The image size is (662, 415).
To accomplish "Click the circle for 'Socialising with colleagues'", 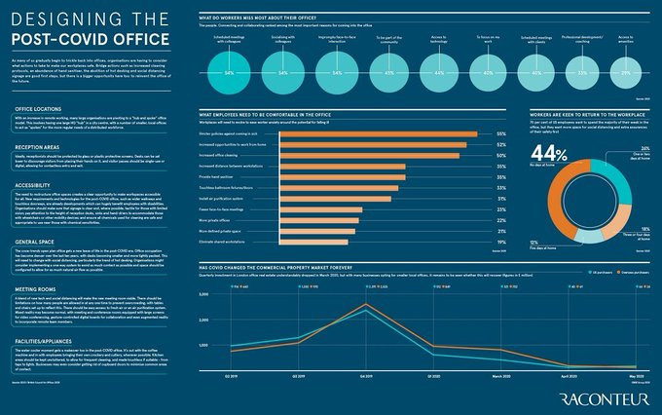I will coord(282,72).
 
